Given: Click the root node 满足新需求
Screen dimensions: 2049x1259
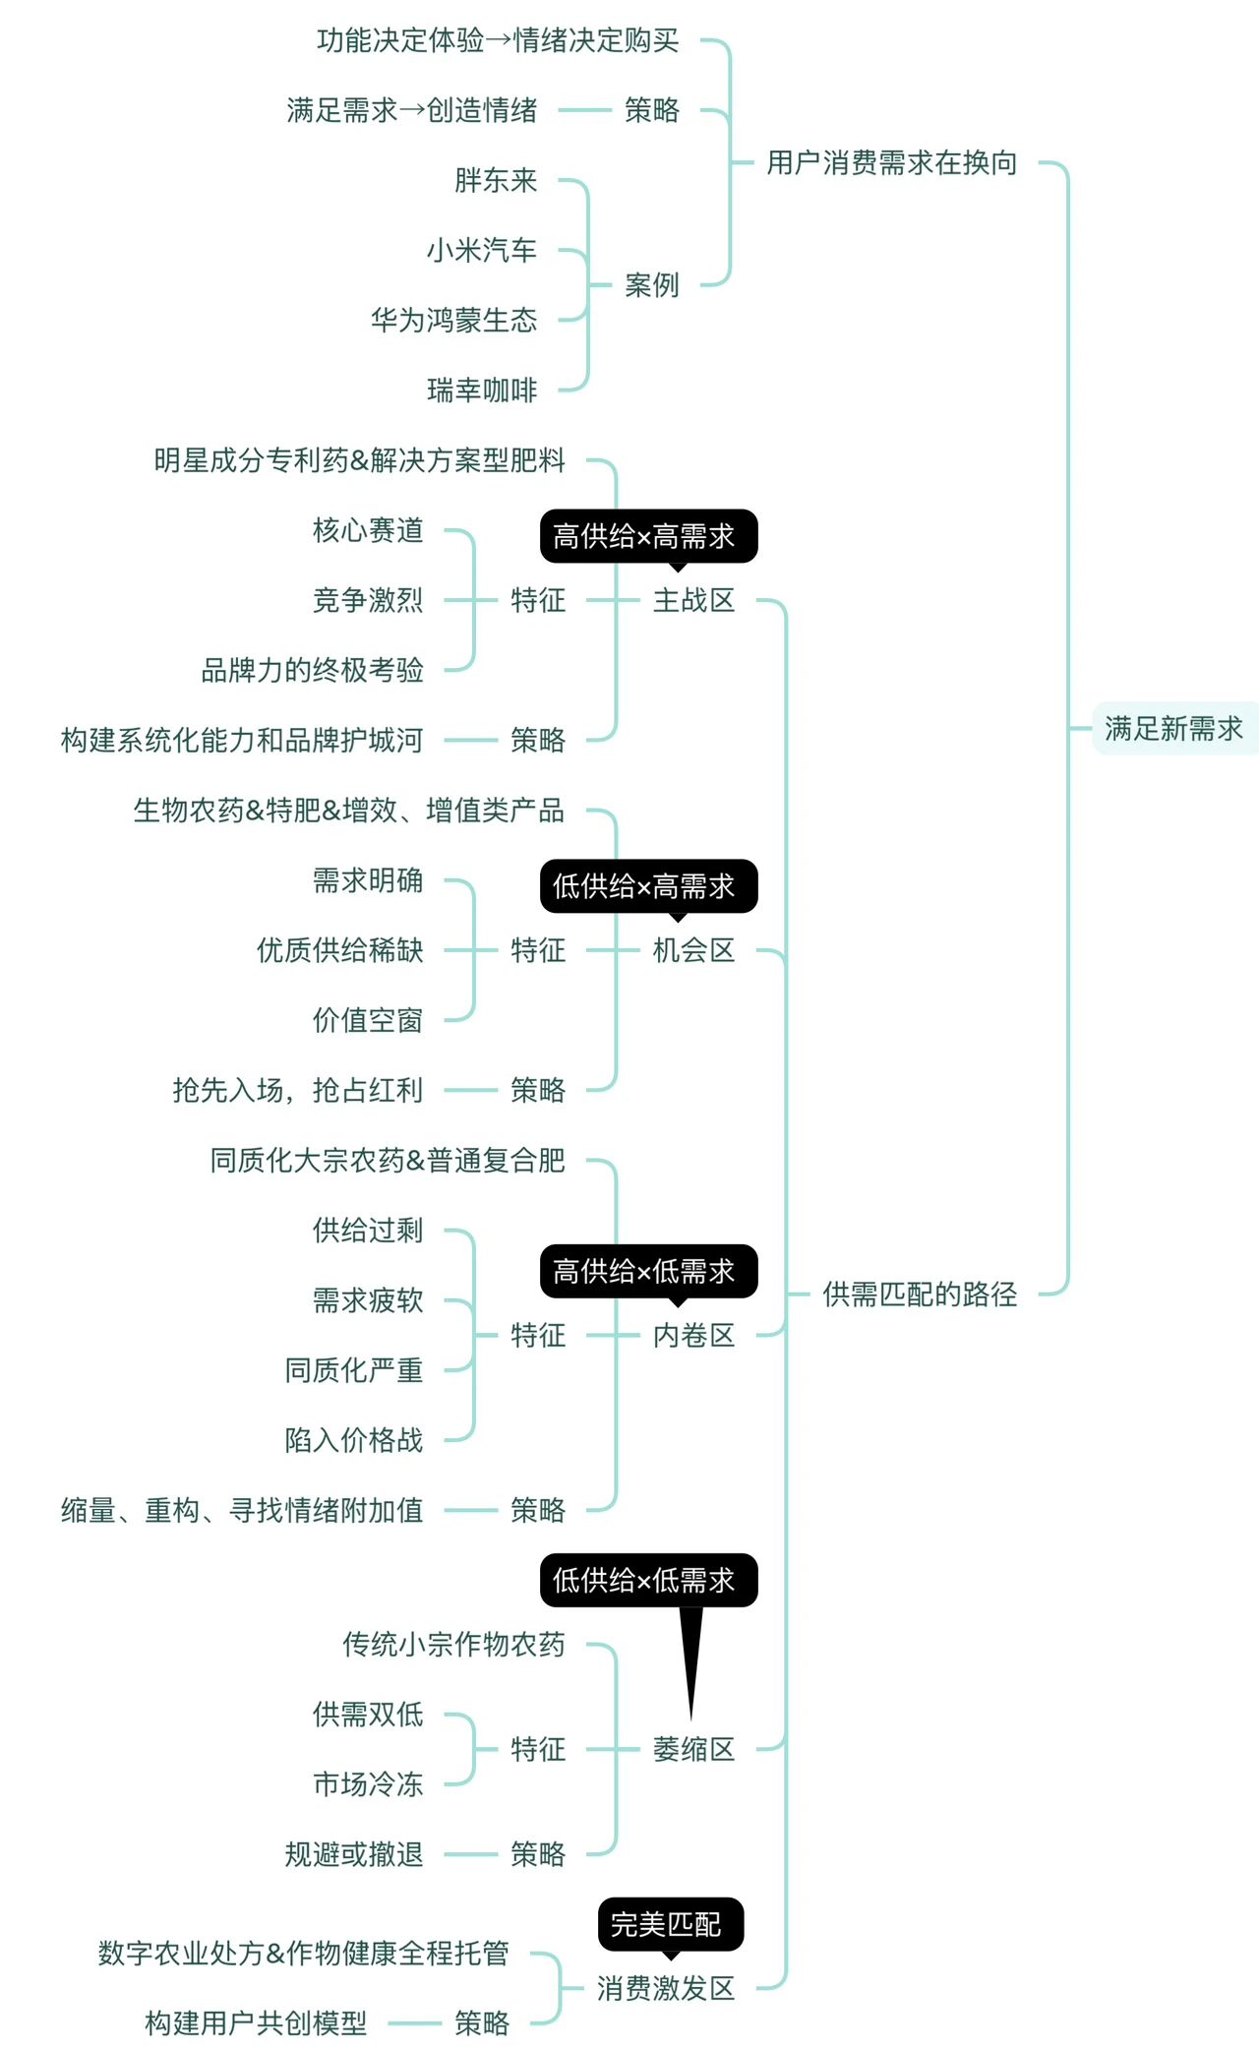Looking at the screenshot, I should [x=1173, y=729].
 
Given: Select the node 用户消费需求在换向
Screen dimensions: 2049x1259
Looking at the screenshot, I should [x=891, y=163].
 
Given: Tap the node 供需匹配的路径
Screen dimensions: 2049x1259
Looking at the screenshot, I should [x=920, y=1295].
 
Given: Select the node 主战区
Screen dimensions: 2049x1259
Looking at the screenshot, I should [x=693, y=600].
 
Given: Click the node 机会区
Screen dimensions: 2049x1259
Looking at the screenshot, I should [x=693, y=950].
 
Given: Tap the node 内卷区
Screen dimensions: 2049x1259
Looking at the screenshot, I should [x=693, y=1336].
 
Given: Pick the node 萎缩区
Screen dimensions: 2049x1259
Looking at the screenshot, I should [x=693, y=1749].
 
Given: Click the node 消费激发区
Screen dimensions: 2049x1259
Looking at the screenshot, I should [x=666, y=1988].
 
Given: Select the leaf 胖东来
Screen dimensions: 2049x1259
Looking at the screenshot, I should [x=496, y=181].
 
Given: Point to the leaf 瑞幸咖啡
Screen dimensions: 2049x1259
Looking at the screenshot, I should [x=482, y=391].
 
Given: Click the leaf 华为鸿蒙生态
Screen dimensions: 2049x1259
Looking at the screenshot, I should [x=453, y=321].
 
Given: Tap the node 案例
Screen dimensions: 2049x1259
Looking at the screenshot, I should [x=652, y=285].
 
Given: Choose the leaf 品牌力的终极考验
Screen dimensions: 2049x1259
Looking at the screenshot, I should [x=312, y=671].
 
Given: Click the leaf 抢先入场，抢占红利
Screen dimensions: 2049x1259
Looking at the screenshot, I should [x=297, y=1090].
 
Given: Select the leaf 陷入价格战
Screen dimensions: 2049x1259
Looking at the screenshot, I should [x=354, y=1440].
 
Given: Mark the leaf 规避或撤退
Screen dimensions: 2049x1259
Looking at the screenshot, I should [x=354, y=1855].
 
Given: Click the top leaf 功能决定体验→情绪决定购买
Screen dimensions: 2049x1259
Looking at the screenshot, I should [x=498, y=41].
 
